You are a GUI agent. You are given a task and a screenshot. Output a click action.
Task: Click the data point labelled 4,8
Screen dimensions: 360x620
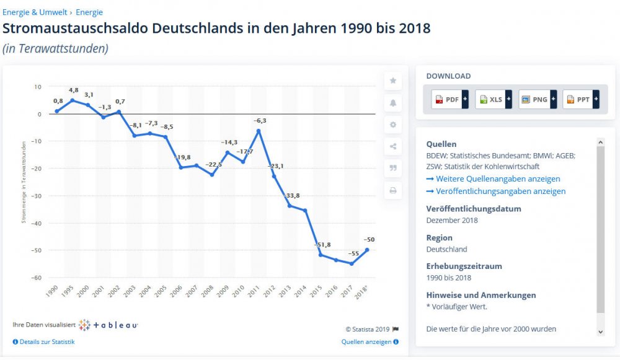[x=72, y=100]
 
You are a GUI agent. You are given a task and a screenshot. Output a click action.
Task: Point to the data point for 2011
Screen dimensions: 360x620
[x=259, y=131]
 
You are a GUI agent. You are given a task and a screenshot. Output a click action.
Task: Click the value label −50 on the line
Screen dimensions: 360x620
[x=369, y=240]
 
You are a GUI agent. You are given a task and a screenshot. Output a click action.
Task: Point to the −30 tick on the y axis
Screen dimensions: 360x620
[x=37, y=196]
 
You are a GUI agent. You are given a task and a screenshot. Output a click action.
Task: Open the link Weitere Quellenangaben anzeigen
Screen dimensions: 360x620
[x=493, y=179]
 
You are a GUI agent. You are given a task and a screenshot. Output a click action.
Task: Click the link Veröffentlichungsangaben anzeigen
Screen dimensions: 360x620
[x=496, y=191]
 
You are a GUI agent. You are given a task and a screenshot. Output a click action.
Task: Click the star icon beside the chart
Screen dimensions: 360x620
[x=392, y=81]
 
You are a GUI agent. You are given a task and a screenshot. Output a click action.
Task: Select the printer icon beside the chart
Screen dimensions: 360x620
[x=392, y=191]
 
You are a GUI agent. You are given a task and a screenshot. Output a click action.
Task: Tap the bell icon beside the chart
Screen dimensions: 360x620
[x=392, y=102]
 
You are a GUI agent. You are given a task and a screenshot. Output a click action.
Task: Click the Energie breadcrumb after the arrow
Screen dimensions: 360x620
[x=89, y=12]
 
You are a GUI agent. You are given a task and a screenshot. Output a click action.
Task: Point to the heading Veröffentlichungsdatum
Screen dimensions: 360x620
[x=473, y=209]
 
